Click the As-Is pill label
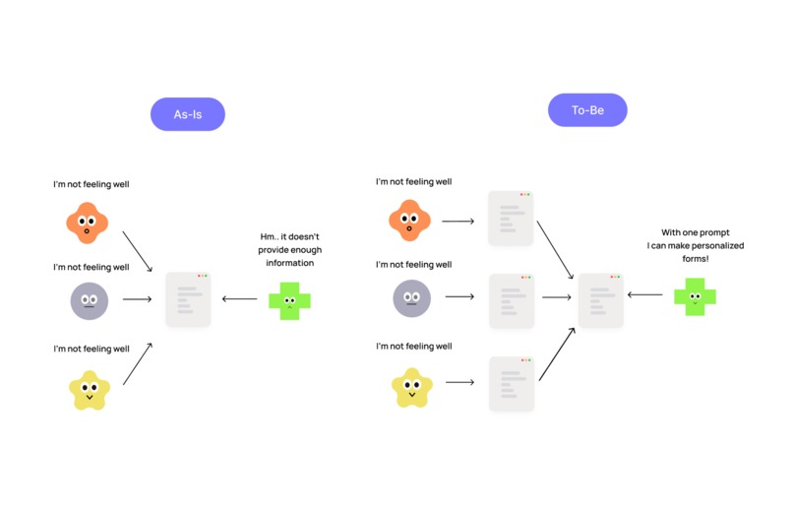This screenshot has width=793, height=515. click(x=187, y=114)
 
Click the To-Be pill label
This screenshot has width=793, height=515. click(x=587, y=110)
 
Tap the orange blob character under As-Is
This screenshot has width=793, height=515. click(x=88, y=223)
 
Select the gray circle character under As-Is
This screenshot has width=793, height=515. click(x=89, y=300)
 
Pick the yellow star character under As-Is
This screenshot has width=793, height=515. click(x=89, y=389)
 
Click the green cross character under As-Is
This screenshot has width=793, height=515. click(x=289, y=300)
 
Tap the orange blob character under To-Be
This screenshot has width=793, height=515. click(x=410, y=221)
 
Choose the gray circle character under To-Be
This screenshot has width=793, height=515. click(x=411, y=297)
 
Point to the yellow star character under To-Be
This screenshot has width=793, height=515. click(x=411, y=387)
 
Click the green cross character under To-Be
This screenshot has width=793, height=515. click(x=695, y=296)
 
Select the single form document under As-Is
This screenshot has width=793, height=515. click(x=188, y=299)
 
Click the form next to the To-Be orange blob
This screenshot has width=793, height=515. click(x=511, y=219)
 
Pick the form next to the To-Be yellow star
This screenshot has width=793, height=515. click(x=511, y=384)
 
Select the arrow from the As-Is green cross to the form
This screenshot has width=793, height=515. click(x=240, y=299)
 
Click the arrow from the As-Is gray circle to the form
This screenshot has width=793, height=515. click(x=138, y=299)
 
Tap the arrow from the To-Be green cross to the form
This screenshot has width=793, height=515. click(x=644, y=294)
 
